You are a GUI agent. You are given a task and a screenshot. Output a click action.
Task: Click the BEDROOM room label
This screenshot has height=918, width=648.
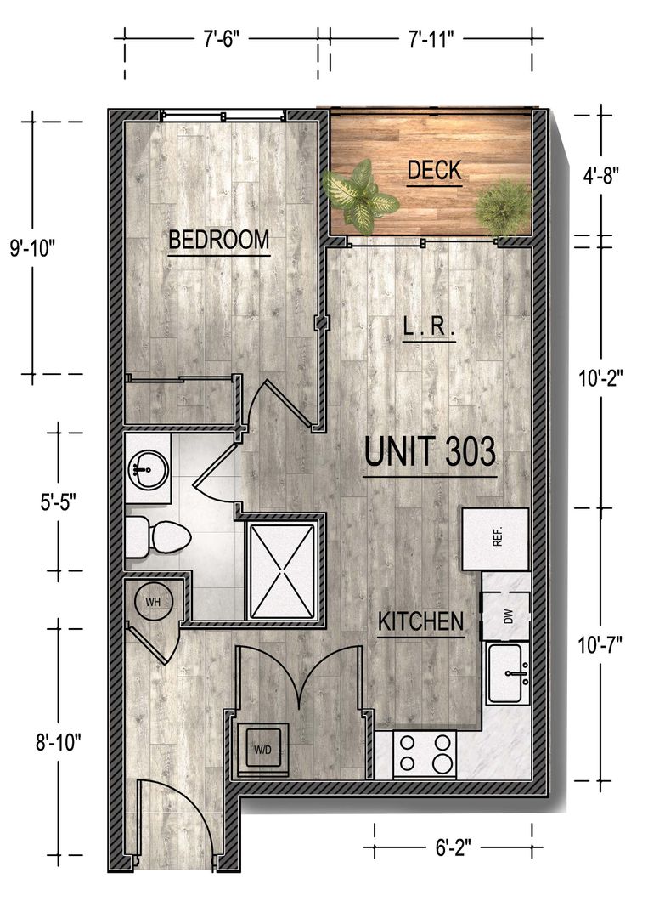coord(219,240)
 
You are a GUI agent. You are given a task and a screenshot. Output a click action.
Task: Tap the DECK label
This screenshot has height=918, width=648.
coord(434,170)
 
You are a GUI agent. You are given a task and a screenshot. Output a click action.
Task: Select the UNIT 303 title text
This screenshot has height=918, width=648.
coord(430,451)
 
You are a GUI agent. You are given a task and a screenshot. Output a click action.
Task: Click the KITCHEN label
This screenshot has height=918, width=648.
coord(420,621)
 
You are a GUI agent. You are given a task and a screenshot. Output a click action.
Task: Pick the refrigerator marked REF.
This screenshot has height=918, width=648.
coord(496,539)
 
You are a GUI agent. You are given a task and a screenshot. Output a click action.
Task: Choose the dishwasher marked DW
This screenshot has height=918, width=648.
coord(506,616)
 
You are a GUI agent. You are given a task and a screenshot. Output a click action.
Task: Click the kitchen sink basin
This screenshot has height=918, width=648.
coord(508,672)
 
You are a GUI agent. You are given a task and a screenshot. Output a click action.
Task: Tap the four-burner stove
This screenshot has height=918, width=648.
coord(425,755)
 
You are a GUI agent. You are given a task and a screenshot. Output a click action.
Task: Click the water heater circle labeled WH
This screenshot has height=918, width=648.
coord(153,602)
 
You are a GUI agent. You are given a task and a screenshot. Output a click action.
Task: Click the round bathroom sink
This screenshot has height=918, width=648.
coord(148,468)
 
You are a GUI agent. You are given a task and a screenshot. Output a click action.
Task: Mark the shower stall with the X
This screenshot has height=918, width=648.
coord(283,571)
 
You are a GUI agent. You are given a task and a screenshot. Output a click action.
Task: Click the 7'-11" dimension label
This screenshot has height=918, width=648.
coord(431,39)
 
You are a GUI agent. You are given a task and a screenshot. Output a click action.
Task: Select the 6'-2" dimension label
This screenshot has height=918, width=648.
coord(454,847)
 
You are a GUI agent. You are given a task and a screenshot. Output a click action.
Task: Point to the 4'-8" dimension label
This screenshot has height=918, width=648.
coord(600,175)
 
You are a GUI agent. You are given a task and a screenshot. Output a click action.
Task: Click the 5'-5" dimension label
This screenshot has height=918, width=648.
coord(59,501)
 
